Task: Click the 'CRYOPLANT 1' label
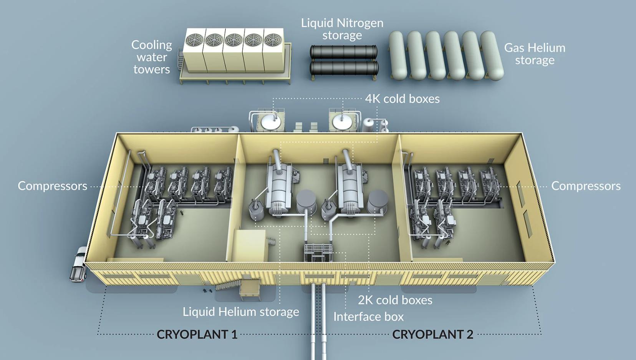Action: (197, 334)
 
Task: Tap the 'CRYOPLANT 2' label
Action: (433, 334)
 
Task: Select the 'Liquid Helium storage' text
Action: (241, 312)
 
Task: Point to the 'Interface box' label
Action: (368, 317)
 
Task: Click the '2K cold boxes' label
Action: (395, 300)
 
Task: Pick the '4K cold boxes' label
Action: (402, 99)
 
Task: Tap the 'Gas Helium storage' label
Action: (535, 54)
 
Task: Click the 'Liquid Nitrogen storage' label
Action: (342, 29)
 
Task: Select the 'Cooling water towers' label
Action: (152, 57)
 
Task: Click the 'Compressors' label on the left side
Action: (53, 186)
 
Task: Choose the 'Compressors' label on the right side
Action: (586, 186)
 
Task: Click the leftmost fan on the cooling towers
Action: (194, 40)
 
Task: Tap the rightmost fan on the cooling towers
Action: (273, 40)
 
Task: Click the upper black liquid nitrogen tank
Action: (344, 52)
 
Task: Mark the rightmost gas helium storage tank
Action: (492, 55)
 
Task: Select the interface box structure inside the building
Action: (318, 252)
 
